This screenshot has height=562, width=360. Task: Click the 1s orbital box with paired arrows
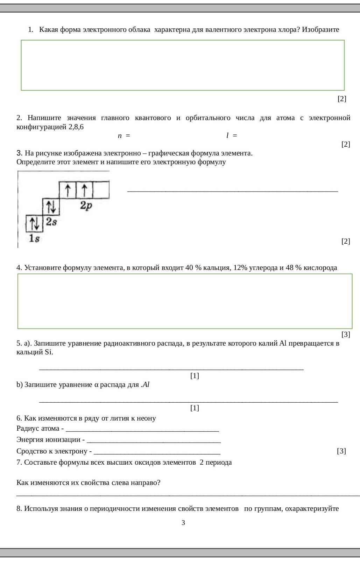(35, 223)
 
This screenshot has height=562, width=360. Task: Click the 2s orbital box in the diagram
(51, 207)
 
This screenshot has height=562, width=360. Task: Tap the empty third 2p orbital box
(101, 190)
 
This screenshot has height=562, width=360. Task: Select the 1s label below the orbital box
(34, 238)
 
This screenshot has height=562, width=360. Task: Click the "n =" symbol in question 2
(124, 136)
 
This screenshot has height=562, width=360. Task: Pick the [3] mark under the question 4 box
(345, 334)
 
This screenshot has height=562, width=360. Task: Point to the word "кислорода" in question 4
(320, 268)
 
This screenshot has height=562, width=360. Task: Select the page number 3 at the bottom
(183, 523)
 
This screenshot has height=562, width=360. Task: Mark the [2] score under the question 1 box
(341, 99)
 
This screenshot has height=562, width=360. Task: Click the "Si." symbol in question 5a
(49, 352)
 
